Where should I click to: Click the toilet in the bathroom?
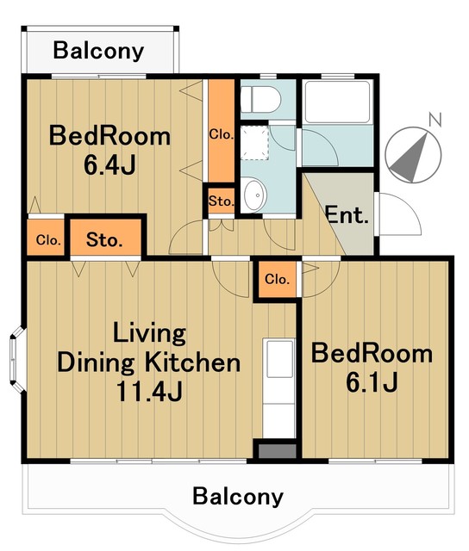pos(260,99)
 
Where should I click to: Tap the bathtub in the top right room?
pos(337,102)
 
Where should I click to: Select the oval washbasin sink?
pos(253,195)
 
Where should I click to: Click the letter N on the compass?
pos(435,121)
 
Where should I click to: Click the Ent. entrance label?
pos(347,214)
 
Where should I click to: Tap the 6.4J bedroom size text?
pos(109,164)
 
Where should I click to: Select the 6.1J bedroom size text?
pos(372,382)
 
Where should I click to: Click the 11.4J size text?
pos(149,391)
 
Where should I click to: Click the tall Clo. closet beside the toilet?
pos(222,131)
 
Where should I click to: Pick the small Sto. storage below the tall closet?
pos(222,201)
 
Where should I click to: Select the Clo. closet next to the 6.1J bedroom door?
pos(278,279)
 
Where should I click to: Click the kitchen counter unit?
pos(279,388)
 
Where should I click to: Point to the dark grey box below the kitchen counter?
pos(278,451)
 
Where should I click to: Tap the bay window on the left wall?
pos(15,359)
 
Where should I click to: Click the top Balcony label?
pos(98,51)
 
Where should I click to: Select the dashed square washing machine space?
pos(255,144)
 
